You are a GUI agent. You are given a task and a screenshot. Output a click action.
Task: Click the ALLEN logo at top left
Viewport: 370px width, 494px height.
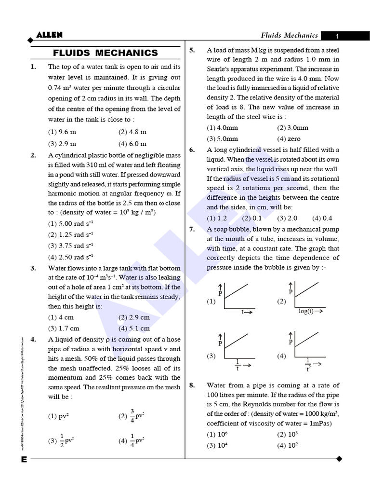point(49,35)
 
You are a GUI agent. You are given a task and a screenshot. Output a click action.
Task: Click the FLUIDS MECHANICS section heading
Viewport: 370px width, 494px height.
point(105,53)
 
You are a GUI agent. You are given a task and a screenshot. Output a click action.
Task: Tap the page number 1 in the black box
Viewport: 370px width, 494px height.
point(337,36)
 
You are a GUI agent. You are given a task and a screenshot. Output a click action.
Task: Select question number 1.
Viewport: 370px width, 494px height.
point(33,67)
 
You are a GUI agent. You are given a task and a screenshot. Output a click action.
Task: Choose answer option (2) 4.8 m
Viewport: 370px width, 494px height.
point(132,132)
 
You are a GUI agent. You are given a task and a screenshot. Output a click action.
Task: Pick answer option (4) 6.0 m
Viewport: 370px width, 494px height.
point(132,144)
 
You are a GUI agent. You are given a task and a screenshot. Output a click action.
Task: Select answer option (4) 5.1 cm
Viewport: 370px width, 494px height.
point(134,329)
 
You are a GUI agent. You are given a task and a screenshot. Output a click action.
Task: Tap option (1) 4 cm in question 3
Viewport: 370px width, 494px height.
point(61,317)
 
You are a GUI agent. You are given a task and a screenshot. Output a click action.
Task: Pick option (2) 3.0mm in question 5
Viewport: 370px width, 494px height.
point(292,128)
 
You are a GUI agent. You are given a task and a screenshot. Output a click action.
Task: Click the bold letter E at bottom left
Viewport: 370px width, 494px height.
point(24,459)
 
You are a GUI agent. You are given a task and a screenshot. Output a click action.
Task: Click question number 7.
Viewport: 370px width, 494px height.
point(192,230)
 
